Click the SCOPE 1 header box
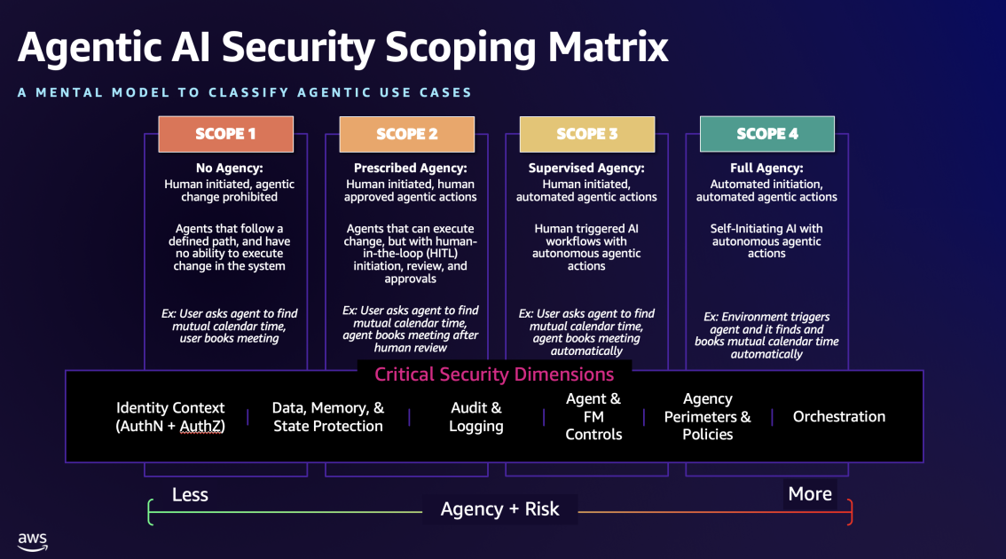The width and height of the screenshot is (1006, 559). (225, 134)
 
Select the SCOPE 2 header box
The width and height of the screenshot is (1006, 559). (407, 134)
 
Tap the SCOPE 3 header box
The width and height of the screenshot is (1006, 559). (587, 134)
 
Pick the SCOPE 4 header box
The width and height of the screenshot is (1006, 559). (767, 134)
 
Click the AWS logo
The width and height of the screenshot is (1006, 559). (33, 540)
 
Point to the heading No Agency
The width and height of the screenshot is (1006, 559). (229, 168)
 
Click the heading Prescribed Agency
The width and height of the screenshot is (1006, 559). (410, 168)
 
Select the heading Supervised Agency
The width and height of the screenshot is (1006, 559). (586, 168)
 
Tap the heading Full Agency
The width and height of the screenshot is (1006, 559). (766, 168)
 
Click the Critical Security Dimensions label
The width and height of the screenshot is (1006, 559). (494, 374)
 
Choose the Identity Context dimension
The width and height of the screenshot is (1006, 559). (170, 417)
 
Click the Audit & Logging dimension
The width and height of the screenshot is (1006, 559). (476, 417)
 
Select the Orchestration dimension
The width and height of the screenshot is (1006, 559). (839, 416)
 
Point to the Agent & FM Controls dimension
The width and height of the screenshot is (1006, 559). (593, 417)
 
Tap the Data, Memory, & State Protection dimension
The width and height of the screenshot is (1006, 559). (328, 417)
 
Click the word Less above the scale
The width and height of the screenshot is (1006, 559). (190, 494)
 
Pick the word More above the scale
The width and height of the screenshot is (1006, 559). (810, 493)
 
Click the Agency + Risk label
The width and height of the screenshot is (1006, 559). (500, 509)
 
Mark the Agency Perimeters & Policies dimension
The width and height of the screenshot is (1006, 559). (707, 417)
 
